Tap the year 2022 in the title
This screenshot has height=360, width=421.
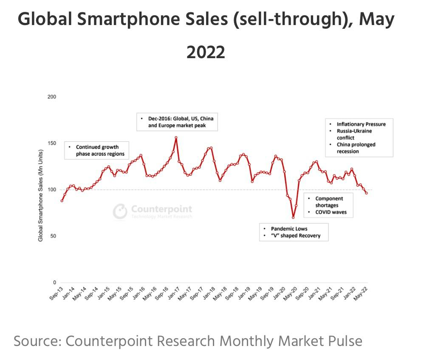pos(206,52)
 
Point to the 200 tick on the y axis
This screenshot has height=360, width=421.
pos(52,97)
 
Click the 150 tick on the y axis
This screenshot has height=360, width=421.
pos(52,143)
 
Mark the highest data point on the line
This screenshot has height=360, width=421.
pos(176,138)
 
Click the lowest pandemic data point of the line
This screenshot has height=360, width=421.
pos(293,217)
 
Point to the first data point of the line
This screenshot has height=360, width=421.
pos(62,201)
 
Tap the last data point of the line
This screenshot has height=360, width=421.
pos(367,193)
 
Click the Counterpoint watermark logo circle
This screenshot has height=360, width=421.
pos(120,211)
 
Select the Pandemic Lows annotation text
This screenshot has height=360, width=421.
pos(289,228)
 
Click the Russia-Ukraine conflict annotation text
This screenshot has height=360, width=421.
pos(354,134)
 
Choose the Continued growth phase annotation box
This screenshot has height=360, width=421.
pos(96,150)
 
